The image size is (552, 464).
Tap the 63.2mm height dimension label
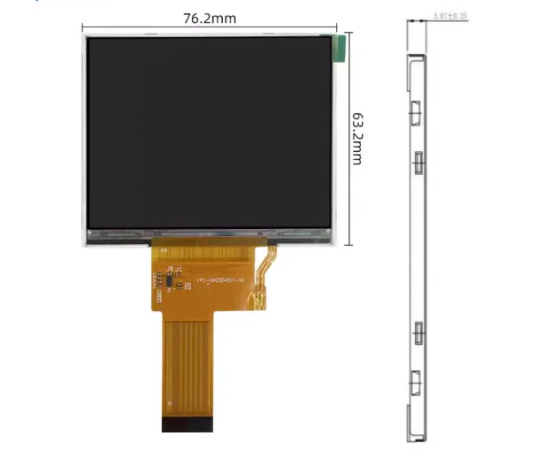pos(358,138)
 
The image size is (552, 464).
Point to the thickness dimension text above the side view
pos(450,17)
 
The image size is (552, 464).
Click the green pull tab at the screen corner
pos(335,49)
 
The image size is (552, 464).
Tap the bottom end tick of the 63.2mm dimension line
pos(347,245)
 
